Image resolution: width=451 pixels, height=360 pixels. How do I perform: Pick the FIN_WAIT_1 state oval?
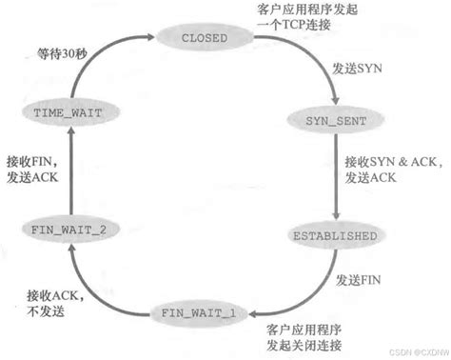click(200, 312)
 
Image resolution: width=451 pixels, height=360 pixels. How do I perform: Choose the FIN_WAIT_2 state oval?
click(62, 228)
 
